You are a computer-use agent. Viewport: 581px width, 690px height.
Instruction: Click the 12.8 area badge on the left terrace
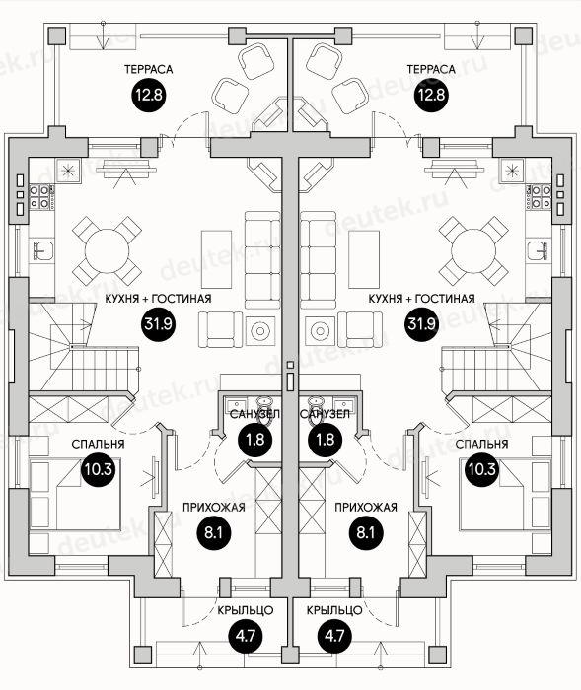coord(149,95)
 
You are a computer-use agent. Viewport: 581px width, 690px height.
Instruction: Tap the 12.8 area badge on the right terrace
coord(432,95)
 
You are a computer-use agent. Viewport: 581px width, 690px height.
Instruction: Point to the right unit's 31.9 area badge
coord(421,324)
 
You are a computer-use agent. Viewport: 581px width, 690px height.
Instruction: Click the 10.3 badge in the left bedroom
coord(99,469)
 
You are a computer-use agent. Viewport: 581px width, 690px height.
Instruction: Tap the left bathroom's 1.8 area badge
coord(255,440)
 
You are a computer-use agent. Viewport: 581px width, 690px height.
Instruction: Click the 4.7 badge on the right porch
coord(334,636)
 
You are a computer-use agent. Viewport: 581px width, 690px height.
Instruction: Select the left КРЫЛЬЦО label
coord(246,610)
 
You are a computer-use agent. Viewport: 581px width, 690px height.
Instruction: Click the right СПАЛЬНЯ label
coord(482,444)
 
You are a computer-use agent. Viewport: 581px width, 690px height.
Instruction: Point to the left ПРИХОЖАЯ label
coord(214,508)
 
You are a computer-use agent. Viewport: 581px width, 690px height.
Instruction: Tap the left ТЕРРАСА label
coord(148,69)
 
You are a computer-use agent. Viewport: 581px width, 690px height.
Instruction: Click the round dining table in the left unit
coord(107,250)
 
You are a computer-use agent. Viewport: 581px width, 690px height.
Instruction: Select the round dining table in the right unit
coord(473,250)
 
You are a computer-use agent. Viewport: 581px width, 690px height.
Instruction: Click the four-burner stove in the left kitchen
coord(39,197)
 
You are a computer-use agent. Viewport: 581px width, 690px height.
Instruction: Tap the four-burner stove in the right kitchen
coord(541,197)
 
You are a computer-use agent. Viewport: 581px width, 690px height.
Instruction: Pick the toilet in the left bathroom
coord(264,408)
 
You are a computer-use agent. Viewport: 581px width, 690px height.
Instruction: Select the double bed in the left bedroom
coord(75,493)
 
